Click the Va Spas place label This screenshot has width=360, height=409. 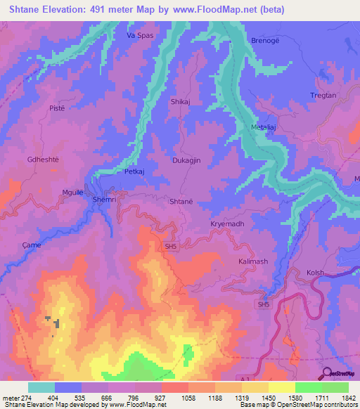point(139,35)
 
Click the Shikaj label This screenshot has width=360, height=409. point(181,102)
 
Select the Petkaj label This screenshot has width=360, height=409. point(134,171)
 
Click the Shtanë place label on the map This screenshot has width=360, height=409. point(181,201)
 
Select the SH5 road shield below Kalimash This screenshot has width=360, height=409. point(263,305)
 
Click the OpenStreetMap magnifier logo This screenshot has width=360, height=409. point(326,372)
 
